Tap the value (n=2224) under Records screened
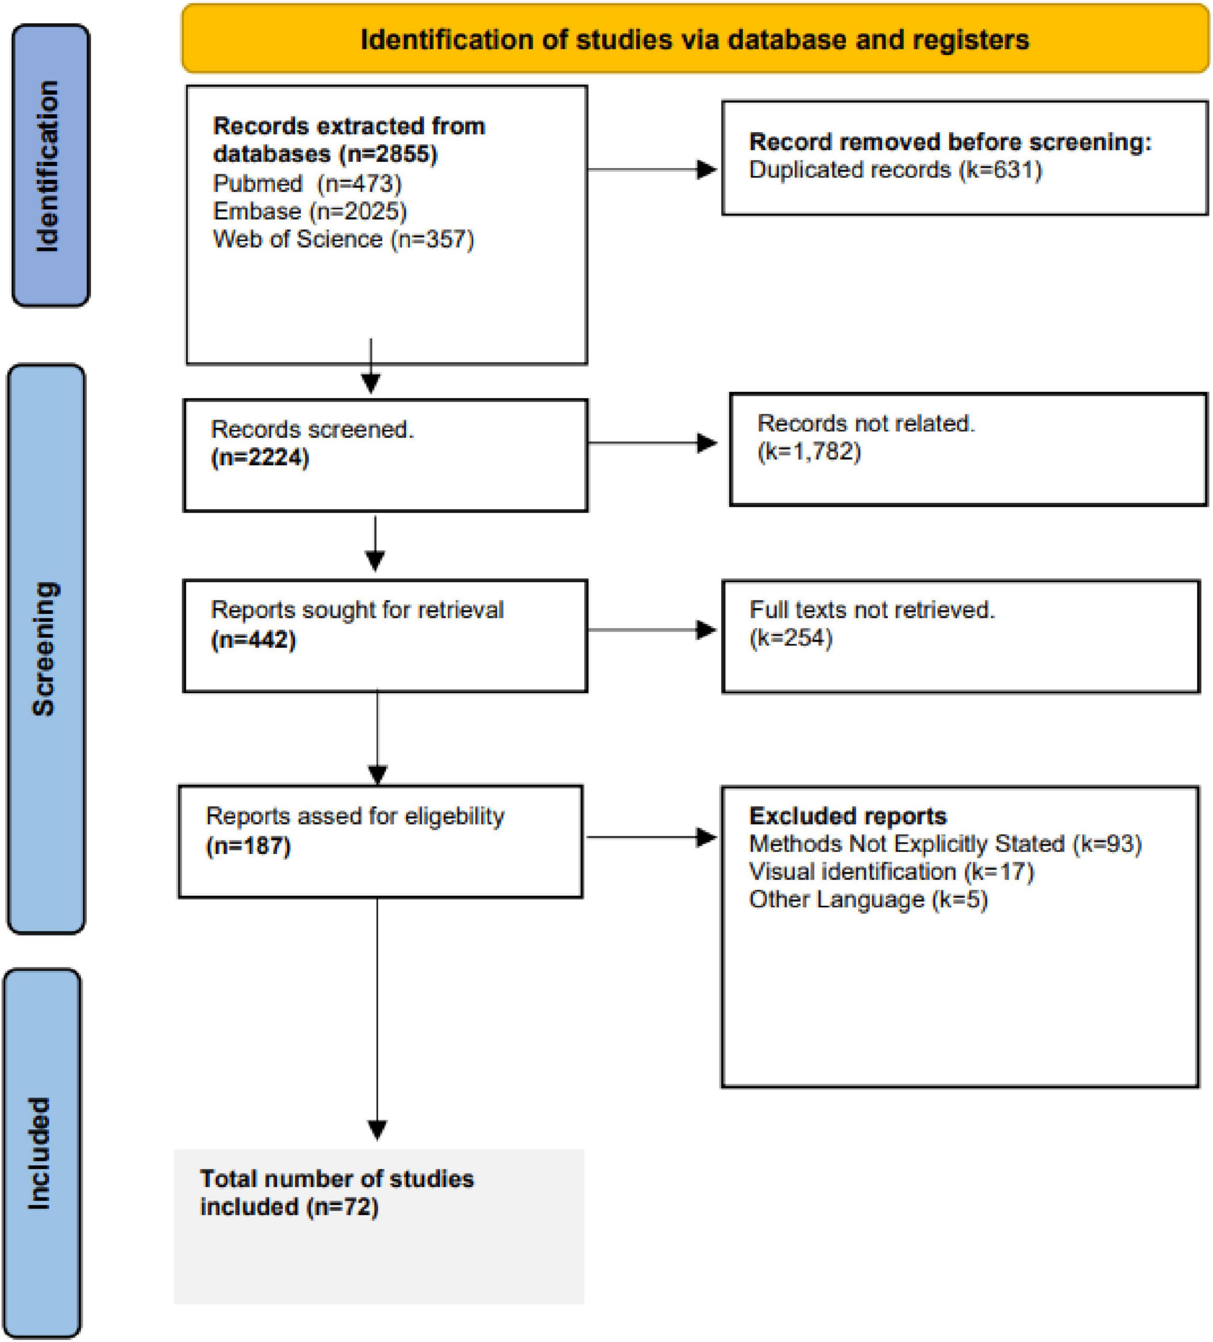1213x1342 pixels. tap(260, 458)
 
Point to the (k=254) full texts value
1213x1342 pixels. tap(791, 638)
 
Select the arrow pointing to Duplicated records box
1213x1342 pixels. tap(652, 170)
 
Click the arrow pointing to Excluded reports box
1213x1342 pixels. tap(651, 837)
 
